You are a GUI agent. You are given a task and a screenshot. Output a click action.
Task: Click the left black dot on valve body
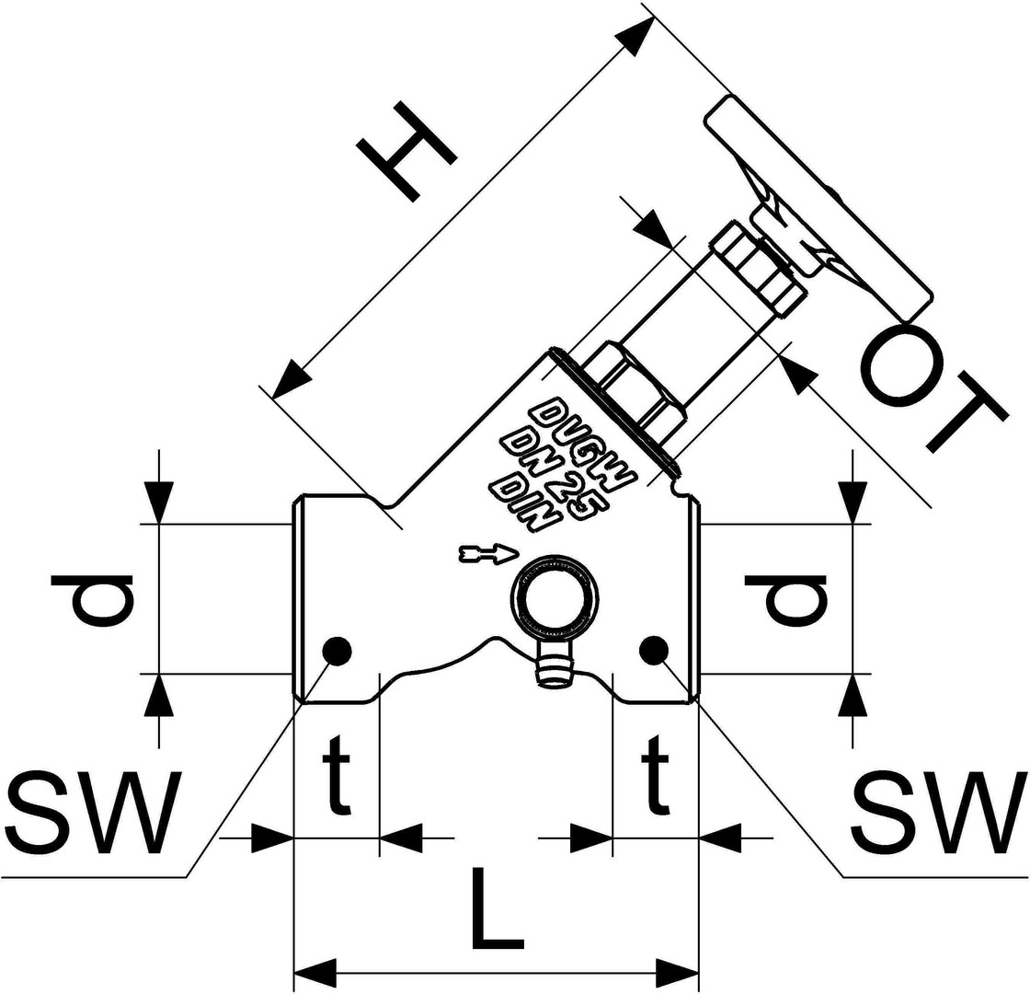click(337, 651)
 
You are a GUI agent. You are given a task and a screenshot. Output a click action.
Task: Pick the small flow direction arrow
click(488, 553)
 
